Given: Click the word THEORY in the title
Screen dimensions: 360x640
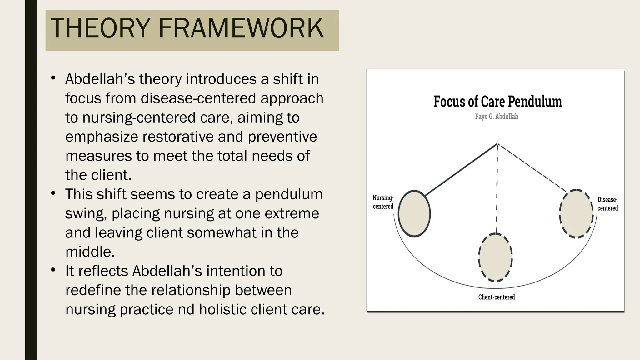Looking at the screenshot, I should tap(100, 28).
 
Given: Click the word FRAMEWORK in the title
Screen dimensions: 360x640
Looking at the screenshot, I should tap(241, 28).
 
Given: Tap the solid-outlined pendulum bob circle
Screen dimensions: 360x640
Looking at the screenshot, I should tap(414, 214).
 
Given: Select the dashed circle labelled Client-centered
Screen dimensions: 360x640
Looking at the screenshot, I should tap(495, 258).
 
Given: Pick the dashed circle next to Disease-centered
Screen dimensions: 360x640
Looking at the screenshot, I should tap(576, 214).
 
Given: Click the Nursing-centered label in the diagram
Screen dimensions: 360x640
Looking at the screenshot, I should tap(383, 202).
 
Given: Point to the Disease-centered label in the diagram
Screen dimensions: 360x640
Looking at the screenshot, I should tap(607, 204).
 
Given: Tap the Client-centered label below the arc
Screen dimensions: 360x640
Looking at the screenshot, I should tap(496, 297).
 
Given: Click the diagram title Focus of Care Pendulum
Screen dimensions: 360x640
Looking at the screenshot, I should tap(497, 102).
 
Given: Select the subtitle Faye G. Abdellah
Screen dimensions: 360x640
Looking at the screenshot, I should tap(497, 117).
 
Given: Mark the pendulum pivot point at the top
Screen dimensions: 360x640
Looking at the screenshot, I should tap(497, 144).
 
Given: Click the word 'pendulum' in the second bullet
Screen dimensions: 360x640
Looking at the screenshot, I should tap(289, 194).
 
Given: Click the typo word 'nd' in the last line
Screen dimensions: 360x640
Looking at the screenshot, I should tap(186, 309).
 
